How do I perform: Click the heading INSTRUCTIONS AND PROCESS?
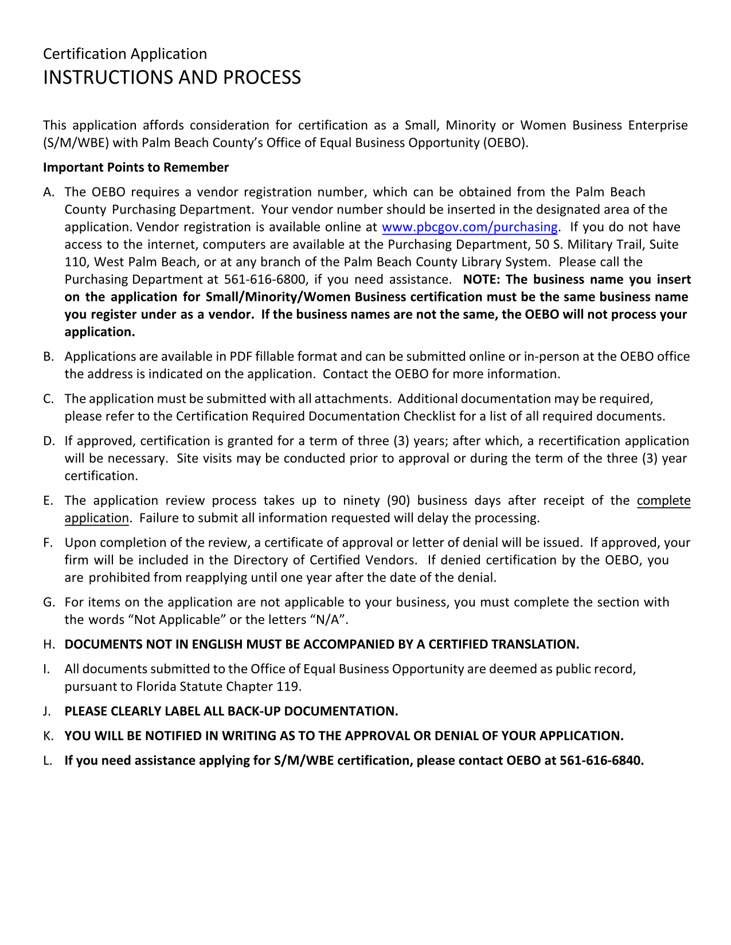pyautogui.click(x=171, y=77)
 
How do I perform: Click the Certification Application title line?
pyautogui.click(x=124, y=54)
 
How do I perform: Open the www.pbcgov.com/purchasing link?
pyautogui.click(x=469, y=227)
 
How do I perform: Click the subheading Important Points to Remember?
pyautogui.click(x=135, y=167)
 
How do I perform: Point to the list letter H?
pyautogui.click(x=48, y=645)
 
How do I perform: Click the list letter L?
pyautogui.click(x=47, y=761)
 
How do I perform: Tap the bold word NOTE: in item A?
pyautogui.click(x=481, y=280)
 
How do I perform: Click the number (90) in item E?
pyautogui.click(x=398, y=501)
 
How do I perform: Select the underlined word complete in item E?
pyautogui.click(x=663, y=501)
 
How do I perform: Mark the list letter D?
pyautogui.click(x=48, y=441)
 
